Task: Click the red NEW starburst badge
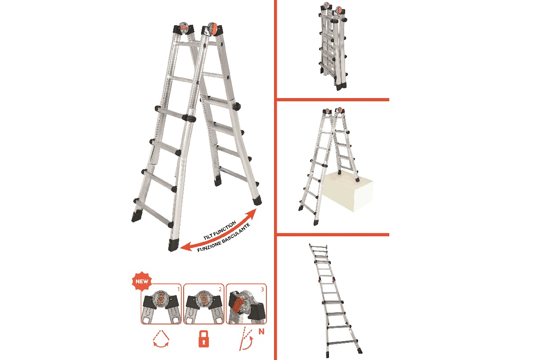[x=142, y=281]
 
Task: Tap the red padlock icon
[x=204, y=339]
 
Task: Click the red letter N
[x=261, y=332]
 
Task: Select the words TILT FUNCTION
[x=220, y=230]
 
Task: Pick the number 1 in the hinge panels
[x=179, y=289]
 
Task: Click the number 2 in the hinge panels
[x=220, y=289]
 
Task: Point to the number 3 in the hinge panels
[x=262, y=289]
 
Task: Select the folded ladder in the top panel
[x=333, y=46]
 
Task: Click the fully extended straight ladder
[x=335, y=301]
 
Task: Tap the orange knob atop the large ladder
[x=212, y=29]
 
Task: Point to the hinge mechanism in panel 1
[x=161, y=300]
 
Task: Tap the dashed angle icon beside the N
[x=246, y=339]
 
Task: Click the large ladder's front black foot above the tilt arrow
[x=173, y=245]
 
